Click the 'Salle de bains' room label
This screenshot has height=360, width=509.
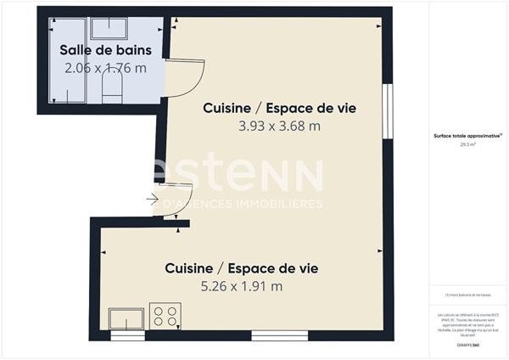pos(103,50)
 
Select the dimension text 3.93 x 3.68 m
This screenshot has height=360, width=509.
pos(279,127)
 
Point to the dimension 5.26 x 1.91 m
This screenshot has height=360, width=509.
pos(241,286)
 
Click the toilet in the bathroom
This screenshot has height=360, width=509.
pos(111,86)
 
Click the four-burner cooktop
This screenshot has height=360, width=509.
pos(165,316)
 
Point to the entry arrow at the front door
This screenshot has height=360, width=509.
pos(153,200)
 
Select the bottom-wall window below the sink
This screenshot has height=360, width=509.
pos(128,335)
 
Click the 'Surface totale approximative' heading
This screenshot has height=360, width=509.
pos(467,136)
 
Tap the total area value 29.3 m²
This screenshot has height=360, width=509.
pos(467,144)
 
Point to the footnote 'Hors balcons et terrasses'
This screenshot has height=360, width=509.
pos(467,295)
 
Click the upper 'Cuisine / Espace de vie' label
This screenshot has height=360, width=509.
pos(279,109)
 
